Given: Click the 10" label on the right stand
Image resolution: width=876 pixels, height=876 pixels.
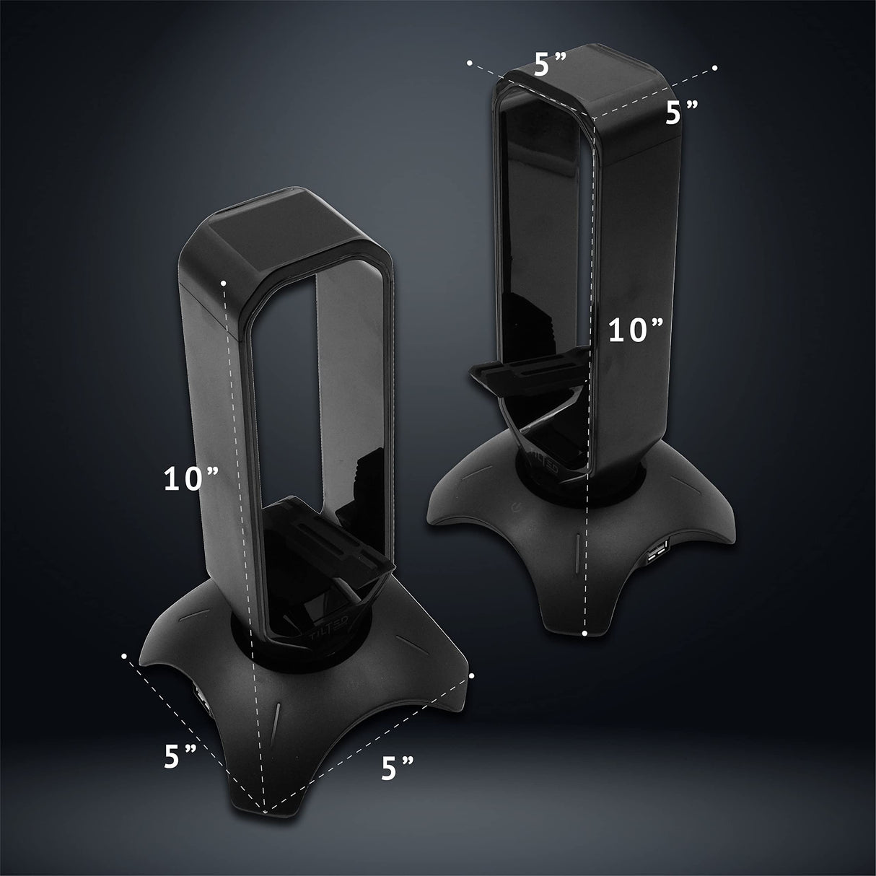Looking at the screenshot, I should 635,330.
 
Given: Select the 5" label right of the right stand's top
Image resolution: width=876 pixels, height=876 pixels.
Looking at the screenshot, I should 681,113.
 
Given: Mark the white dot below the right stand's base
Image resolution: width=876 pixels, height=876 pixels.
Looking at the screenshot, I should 585,633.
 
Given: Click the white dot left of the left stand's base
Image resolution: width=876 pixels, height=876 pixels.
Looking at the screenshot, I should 125,656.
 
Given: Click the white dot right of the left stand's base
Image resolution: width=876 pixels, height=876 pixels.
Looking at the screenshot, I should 470,675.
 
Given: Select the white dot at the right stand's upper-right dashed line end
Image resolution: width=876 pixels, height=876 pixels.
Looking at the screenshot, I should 714,67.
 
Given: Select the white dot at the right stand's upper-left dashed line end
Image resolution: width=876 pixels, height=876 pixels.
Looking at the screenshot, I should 470,63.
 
